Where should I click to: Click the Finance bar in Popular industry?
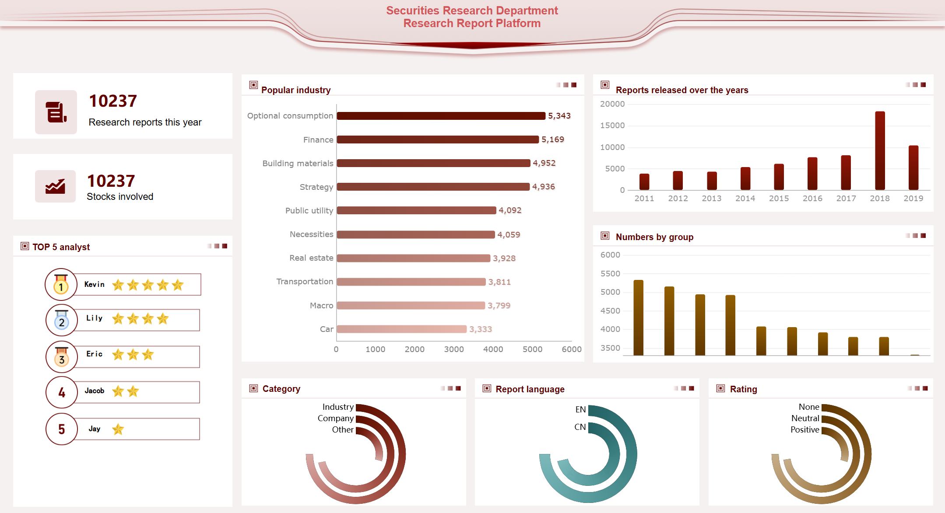coord(438,140)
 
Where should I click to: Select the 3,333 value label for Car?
coord(480,329)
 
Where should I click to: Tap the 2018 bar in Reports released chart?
coord(880,150)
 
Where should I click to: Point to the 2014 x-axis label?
coord(745,199)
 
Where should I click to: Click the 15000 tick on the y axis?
coord(612,126)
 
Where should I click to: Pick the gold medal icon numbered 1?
coord(61,285)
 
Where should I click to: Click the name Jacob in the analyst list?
coord(95,391)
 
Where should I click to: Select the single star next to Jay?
coord(118,429)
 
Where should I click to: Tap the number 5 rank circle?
coord(62,429)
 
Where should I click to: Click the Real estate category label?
coord(311,258)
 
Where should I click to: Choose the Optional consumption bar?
coord(441,116)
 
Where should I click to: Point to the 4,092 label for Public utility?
coord(510,210)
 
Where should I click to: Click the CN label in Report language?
coord(580,427)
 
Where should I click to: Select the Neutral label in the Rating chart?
coord(805,419)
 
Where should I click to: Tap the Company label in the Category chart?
coord(335,419)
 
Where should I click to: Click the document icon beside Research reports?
coord(56,112)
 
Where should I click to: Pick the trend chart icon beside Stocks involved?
coord(56,186)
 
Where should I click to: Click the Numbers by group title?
coord(654,237)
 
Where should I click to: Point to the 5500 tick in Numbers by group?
coord(610,274)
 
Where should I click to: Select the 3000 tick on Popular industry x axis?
coord(453,349)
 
